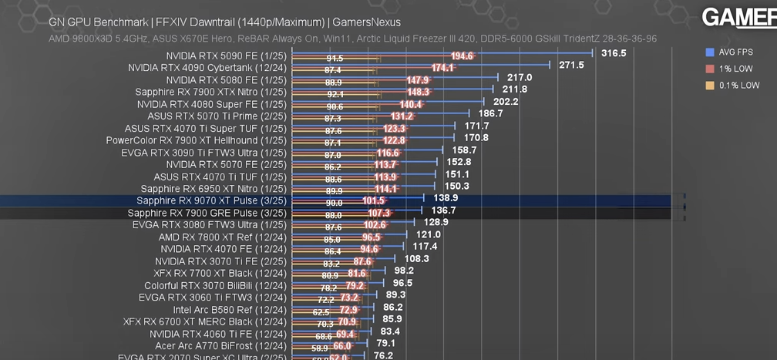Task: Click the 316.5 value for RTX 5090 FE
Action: click(x=614, y=53)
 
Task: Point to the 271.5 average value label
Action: click(x=571, y=66)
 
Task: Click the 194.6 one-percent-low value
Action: click(x=462, y=56)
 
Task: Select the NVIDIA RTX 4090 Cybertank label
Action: click(x=207, y=68)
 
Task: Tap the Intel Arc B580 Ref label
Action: click(x=230, y=310)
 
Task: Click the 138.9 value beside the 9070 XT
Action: click(x=446, y=198)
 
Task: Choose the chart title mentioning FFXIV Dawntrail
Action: click(x=224, y=22)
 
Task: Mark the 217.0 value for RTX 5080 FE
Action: click(x=520, y=78)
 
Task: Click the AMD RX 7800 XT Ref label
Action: click(x=223, y=237)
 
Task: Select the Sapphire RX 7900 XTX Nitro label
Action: click(x=210, y=93)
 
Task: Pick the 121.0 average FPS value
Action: click(x=428, y=234)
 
